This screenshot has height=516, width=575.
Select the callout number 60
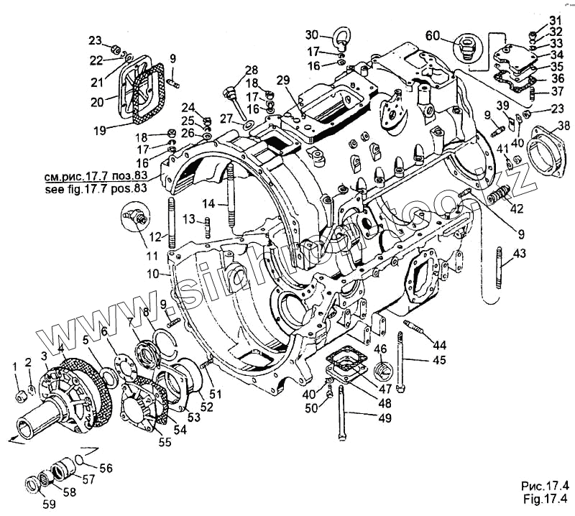432,35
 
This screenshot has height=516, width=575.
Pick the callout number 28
250,70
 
